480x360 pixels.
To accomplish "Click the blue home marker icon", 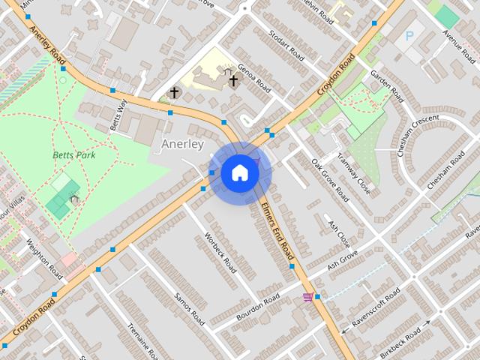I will (x=240, y=172).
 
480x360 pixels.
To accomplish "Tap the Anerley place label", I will (x=182, y=143).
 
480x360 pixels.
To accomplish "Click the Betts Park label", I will (x=74, y=155).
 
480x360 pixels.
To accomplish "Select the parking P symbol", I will (x=409, y=35).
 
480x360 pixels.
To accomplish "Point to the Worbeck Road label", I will (x=220, y=252).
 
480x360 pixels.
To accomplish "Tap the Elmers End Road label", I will (x=279, y=235).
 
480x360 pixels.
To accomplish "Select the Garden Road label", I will (x=387, y=86).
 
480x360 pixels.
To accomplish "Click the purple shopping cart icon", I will (x=307, y=297).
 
